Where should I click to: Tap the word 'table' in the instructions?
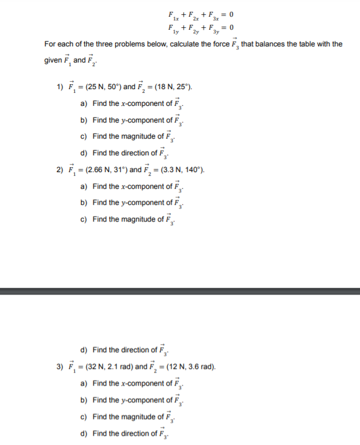tap(306, 45)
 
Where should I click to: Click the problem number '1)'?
tap(59, 86)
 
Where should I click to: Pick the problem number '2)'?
tap(59, 170)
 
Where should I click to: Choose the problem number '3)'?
tap(59, 366)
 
